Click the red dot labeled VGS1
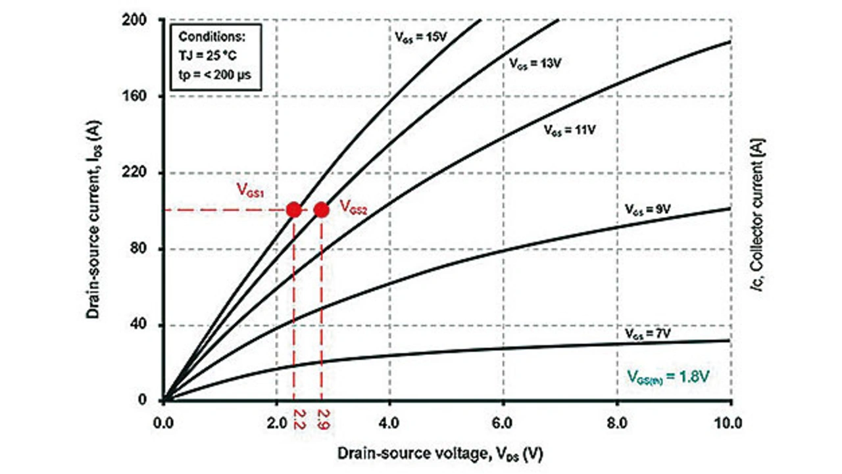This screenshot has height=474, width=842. [293, 210]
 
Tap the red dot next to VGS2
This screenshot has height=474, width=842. [321, 210]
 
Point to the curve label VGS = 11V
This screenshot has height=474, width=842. [569, 130]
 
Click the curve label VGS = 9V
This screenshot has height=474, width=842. [647, 210]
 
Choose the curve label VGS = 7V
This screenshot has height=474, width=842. [647, 334]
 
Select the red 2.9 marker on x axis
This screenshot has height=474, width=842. [322, 419]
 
